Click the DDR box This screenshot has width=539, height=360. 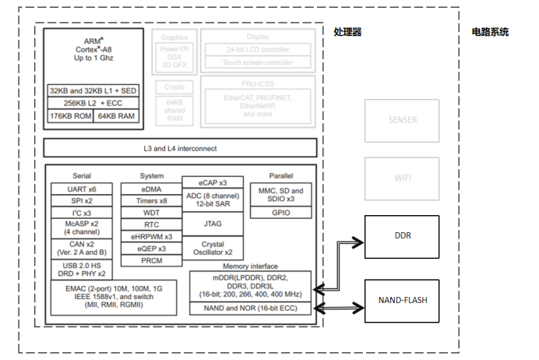pos(402,236)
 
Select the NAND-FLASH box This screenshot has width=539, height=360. pos(402,299)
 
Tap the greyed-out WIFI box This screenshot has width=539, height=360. pos(402,178)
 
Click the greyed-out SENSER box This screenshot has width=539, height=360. pos(402,119)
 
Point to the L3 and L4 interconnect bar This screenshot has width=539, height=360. pos(180,148)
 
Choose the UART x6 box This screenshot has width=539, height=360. pos(82,189)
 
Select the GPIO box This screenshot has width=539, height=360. pos(280,212)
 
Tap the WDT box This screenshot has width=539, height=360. pos(151,213)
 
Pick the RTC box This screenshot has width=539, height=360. pos(151,224)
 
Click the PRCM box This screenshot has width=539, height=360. pos(151,260)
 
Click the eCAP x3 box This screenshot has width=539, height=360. pos(213,182)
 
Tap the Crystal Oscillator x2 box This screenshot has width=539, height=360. pos(213,249)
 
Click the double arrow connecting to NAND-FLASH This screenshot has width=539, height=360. pos(340,308)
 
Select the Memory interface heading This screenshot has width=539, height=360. pos(251,266)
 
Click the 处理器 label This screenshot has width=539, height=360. pos(347,32)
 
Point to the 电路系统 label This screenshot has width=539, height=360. pos(490,32)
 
